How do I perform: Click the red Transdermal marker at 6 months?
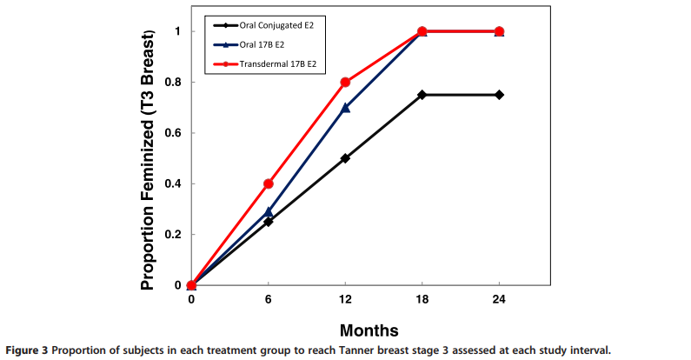click(x=269, y=183)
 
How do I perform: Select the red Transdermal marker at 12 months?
click(x=345, y=82)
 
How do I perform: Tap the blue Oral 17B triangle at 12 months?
click(x=345, y=108)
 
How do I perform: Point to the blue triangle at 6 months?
click(x=269, y=211)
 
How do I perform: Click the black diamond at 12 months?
click(x=345, y=158)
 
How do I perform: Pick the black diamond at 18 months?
click(x=422, y=95)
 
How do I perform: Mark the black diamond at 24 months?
click(x=499, y=95)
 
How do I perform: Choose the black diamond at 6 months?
click(x=269, y=222)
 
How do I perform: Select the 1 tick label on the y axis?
click(x=178, y=31)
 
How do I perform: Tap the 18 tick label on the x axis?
click(x=422, y=298)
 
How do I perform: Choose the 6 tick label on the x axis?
click(x=269, y=298)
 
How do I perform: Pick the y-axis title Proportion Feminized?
click(x=153, y=159)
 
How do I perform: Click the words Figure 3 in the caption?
click(x=23, y=350)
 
